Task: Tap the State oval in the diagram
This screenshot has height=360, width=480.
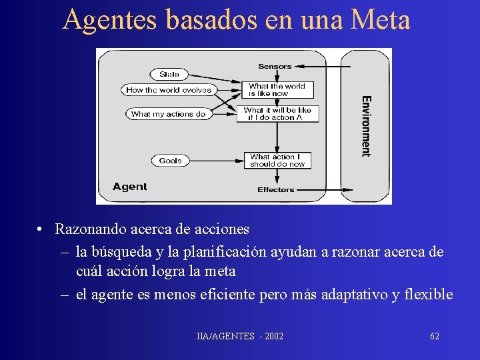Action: click(x=169, y=74)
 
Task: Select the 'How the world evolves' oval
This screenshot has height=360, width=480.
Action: click(x=169, y=90)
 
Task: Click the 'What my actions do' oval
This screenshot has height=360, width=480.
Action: click(x=168, y=114)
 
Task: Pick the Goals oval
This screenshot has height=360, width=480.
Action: click(x=170, y=161)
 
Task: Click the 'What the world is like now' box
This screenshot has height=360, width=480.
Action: click(x=277, y=90)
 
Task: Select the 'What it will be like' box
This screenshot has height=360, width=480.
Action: click(x=277, y=114)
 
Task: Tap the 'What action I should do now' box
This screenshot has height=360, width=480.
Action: click(x=277, y=161)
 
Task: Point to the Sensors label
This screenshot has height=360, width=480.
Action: click(x=275, y=66)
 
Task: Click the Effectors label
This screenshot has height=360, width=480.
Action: click(x=275, y=190)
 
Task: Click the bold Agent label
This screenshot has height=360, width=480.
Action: click(x=129, y=187)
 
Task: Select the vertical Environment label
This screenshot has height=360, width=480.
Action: click(x=366, y=126)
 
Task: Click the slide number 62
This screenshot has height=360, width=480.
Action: click(x=435, y=336)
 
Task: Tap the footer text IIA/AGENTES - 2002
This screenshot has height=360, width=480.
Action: click(x=240, y=336)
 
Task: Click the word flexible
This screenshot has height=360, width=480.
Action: click(x=430, y=295)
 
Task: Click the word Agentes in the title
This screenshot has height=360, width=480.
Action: click(x=110, y=20)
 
